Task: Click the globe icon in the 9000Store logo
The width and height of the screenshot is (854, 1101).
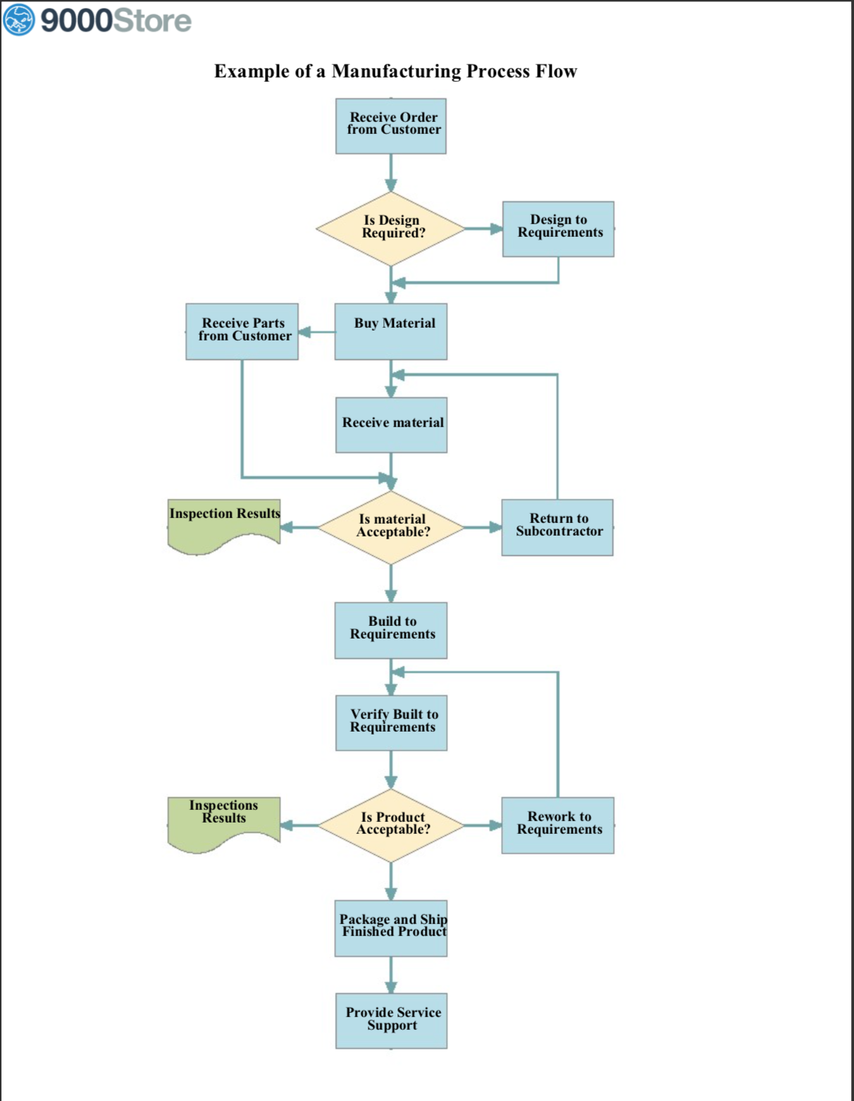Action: click(x=19, y=19)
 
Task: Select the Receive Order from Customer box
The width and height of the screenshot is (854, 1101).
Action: click(x=391, y=126)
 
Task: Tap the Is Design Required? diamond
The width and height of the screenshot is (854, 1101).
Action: click(x=391, y=229)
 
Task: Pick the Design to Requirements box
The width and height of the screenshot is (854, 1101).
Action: click(x=558, y=229)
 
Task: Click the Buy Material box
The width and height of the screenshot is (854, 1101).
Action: click(x=391, y=331)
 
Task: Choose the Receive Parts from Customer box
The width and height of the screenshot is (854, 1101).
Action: click(x=242, y=331)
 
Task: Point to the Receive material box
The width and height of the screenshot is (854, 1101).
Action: click(x=391, y=425)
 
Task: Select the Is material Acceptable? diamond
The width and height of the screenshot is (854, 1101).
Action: click(x=391, y=527)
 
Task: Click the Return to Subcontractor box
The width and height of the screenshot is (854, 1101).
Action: click(x=557, y=527)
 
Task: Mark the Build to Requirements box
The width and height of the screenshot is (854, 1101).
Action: click(x=391, y=630)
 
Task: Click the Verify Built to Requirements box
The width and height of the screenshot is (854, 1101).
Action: click(x=391, y=722)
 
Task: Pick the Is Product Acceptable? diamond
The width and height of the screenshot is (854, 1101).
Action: click(x=391, y=825)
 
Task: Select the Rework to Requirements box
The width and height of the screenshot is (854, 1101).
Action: click(x=557, y=825)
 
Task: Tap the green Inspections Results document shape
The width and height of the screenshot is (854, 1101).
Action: click(x=224, y=821)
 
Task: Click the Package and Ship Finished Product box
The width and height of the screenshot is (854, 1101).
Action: click(x=391, y=928)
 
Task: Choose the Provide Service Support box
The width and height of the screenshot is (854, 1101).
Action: click(x=391, y=1021)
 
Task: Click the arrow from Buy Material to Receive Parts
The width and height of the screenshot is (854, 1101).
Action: click(x=316, y=332)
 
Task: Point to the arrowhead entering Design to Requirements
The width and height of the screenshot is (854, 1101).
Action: click(x=496, y=229)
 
